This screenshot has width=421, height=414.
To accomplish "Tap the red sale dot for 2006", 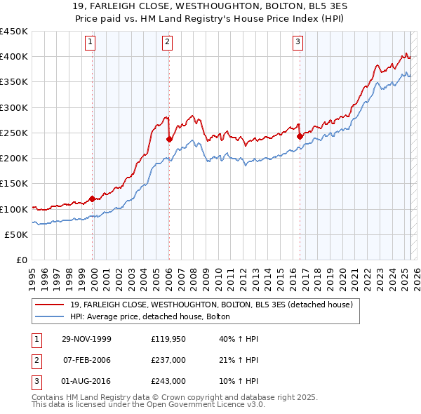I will pos(169,139).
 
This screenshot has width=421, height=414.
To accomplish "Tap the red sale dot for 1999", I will pos(93,199).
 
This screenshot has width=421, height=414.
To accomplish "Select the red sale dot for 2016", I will pos(300,136).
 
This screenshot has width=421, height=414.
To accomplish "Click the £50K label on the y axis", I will pos(18,234).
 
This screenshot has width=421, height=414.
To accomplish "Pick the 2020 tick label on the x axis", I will pos(342,274).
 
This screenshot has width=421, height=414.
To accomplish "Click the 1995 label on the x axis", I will pos(32,274).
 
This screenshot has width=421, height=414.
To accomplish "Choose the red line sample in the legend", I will pos(51,305).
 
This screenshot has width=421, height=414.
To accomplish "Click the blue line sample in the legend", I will pos(51,317).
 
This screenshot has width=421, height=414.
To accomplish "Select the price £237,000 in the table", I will pos(168,360).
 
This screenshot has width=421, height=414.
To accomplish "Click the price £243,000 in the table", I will pos(168,381).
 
